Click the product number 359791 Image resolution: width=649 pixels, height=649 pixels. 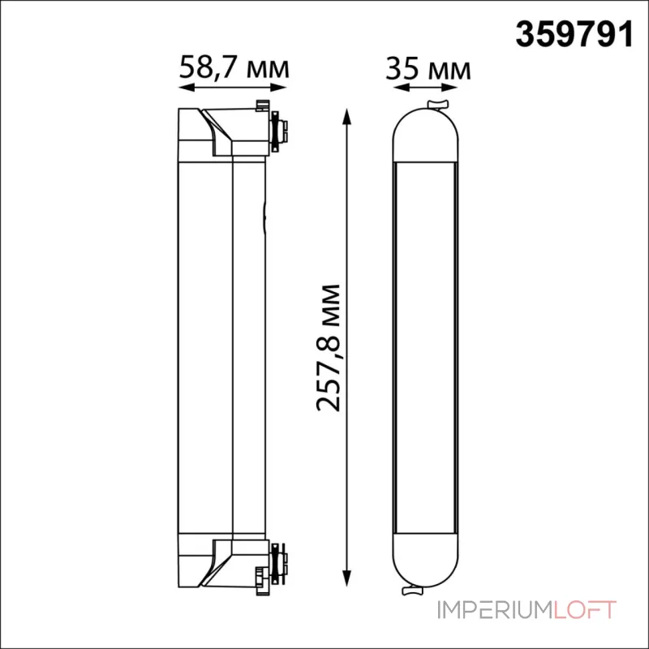574,35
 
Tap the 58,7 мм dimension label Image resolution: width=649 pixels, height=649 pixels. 234,67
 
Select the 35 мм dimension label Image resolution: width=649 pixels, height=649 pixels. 428,69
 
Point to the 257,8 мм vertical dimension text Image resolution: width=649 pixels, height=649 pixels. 329,348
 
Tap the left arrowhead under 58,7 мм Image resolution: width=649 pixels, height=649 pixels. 187,88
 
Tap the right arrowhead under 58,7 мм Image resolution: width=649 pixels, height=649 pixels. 278,88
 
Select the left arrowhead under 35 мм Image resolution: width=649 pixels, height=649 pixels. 401,88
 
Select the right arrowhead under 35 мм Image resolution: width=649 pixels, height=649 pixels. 449,88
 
